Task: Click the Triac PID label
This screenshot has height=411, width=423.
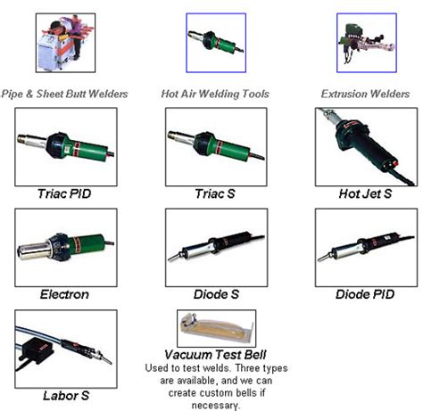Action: coord(65,193)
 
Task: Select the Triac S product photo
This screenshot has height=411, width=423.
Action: coord(215,146)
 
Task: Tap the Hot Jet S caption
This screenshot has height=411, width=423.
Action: coord(365,193)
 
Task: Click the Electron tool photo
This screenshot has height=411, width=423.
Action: coord(65,247)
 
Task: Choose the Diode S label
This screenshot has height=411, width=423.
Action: coord(215,293)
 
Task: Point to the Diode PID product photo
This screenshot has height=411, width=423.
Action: coord(365,247)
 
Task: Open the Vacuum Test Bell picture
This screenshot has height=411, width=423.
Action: coord(215,328)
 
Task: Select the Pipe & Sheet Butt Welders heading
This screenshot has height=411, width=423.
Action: coord(64,93)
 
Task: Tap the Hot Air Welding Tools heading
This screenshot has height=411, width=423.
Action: coord(215,93)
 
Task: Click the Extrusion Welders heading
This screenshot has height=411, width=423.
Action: coord(366,93)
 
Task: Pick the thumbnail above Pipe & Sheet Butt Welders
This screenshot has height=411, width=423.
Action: coord(64,42)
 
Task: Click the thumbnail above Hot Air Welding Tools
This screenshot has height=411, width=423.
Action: coord(215,42)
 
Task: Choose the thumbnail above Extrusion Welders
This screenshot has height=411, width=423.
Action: coord(366,42)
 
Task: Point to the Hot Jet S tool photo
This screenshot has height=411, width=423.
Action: coord(365,146)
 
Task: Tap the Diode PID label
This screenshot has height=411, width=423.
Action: coord(365,293)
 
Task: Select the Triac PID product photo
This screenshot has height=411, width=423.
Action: coord(65,146)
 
